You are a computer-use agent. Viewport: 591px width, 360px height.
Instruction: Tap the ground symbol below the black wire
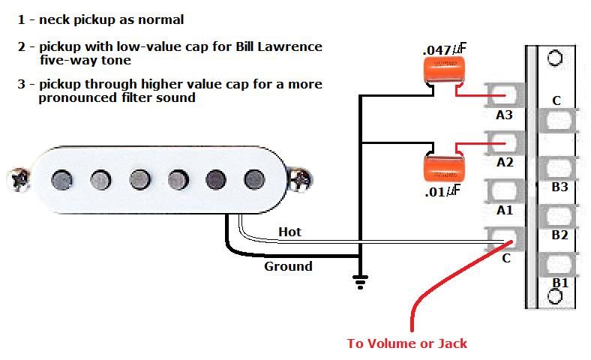[361, 282]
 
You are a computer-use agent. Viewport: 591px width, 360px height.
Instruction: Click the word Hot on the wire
[289, 232]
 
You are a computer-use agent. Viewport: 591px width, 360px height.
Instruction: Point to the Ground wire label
[288, 266]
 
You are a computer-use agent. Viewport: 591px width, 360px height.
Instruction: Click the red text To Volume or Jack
[406, 343]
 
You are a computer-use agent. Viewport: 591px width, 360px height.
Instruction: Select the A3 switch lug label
[504, 115]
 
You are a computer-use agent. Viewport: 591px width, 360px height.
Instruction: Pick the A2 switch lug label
[504, 161]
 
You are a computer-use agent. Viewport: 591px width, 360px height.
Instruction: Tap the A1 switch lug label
[504, 211]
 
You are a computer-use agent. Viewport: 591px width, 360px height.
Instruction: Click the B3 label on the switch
[559, 187]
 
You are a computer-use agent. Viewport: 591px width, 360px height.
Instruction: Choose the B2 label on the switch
[559, 235]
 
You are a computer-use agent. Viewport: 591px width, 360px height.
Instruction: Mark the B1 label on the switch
[559, 283]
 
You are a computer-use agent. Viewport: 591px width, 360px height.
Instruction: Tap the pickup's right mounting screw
[301, 178]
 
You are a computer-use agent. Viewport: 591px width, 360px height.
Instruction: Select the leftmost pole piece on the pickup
[61, 178]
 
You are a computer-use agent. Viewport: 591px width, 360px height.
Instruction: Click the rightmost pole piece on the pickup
[253, 178]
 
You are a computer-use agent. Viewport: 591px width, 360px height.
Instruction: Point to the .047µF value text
[444, 49]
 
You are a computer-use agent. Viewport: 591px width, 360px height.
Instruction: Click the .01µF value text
[442, 191]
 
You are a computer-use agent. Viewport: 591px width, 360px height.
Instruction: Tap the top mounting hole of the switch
[555, 58]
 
